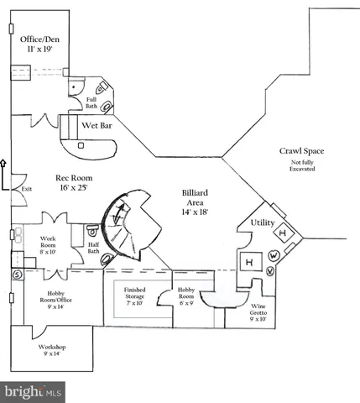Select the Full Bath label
coord(91,102)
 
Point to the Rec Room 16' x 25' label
coord(74,184)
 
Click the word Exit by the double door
coord(27,189)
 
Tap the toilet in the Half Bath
coord(91,230)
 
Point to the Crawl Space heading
coord(301,151)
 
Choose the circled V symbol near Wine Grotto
coord(269,271)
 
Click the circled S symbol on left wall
coord(16,274)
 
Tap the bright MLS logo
coord(34,391)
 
